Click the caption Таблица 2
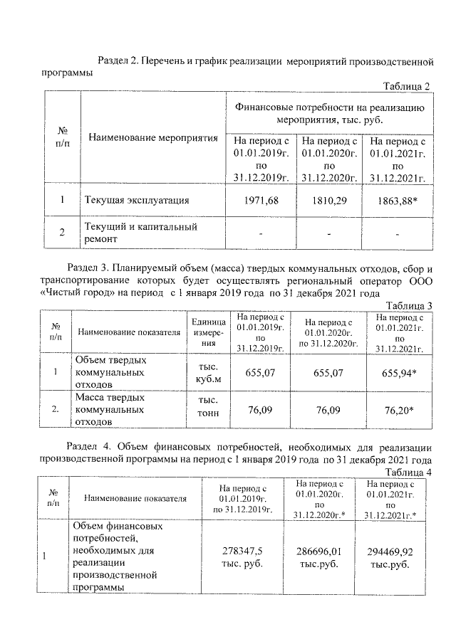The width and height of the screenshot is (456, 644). tap(407, 86)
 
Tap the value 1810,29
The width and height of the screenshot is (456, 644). tap(327, 201)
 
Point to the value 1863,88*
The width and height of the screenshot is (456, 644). tap(397, 201)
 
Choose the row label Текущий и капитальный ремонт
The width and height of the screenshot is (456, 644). tap(141, 233)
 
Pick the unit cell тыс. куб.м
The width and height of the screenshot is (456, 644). tap(207, 372)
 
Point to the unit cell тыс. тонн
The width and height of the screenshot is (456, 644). tap(207, 408)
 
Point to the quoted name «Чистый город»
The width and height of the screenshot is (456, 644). tap(76, 292)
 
